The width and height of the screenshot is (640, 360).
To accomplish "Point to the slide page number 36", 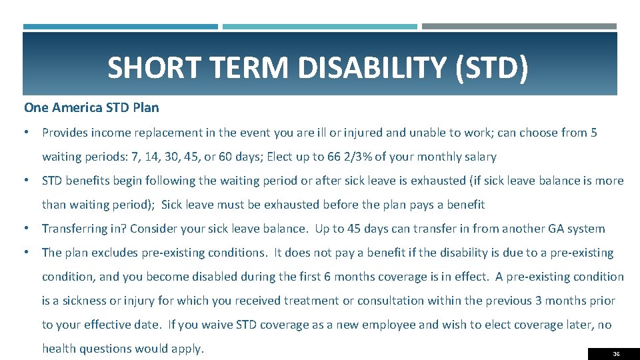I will tap(615, 354).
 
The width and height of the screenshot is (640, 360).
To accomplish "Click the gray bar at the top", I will tap(519, 27).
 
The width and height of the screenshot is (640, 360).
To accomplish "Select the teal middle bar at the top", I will tap(319, 27).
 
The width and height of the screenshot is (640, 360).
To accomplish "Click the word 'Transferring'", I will tap(73, 229).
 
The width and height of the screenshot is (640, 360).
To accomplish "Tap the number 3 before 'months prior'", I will tap(538, 301).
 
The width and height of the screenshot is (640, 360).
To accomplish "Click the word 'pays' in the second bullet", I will tap(423, 205).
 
